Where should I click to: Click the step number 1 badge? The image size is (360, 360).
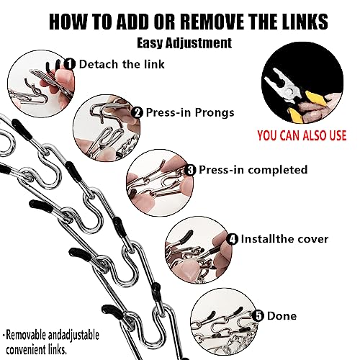click(70, 64)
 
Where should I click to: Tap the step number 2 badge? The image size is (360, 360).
click(138, 112)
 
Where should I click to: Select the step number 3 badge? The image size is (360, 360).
click(190, 170)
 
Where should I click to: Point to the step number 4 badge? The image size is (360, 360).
click(232, 239)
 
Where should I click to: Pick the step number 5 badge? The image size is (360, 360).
click(258, 315)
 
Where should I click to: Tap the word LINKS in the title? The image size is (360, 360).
click(305, 22)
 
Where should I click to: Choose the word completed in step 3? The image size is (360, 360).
click(278, 170)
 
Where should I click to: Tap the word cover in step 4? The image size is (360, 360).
click(312, 239)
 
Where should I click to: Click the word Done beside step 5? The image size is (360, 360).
click(282, 316)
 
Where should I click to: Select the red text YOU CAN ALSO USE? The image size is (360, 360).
click(302, 135)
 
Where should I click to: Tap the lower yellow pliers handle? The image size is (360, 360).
click(296, 116)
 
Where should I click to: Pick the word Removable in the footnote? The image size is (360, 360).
click(26, 335)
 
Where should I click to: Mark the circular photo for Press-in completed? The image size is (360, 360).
click(160, 183)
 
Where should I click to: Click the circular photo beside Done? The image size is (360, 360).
click(224, 322)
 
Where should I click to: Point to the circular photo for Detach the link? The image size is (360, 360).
click(41, 84)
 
